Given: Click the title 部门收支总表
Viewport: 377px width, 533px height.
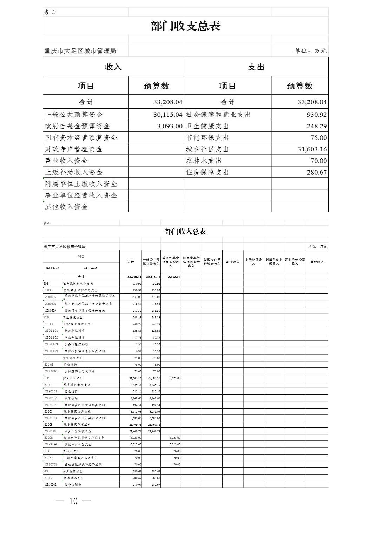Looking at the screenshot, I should (x=185, y=26).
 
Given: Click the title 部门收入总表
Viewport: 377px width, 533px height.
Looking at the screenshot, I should (x=185, y=231).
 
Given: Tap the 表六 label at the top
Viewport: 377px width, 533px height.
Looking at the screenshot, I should (x=50, y=12).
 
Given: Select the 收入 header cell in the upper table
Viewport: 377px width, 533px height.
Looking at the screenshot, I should (x=113, y=67).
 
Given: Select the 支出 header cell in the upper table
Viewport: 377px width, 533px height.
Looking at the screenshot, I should (x=256, y=67).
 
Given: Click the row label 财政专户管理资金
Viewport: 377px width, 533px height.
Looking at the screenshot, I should (x=74, y=149).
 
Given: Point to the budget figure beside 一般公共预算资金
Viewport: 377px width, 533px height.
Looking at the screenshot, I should (x=168, y=115).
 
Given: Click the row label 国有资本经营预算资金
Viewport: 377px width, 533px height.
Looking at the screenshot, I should (x=81, y=137).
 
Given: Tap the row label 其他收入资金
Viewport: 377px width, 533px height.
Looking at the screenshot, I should (x=66, y=207).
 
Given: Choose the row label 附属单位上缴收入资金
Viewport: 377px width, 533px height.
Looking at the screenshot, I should (x=81, y=184).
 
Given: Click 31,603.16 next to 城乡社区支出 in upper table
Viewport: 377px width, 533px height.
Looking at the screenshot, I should (x=312, y=149).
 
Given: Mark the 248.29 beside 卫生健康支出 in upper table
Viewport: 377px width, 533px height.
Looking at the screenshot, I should (x=317, y=126).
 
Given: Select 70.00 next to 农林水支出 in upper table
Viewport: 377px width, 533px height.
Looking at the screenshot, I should (x=318, y=161).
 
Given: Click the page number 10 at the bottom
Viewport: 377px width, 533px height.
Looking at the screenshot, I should (x=73, y=501).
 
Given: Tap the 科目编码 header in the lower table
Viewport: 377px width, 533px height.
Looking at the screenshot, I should (x=52, y=268).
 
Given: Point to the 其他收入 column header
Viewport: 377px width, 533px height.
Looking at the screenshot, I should (x=317, y=262).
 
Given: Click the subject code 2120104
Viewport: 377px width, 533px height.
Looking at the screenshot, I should (x=51, y=398).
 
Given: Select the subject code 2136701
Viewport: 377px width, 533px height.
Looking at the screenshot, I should (x=51, y=464).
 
